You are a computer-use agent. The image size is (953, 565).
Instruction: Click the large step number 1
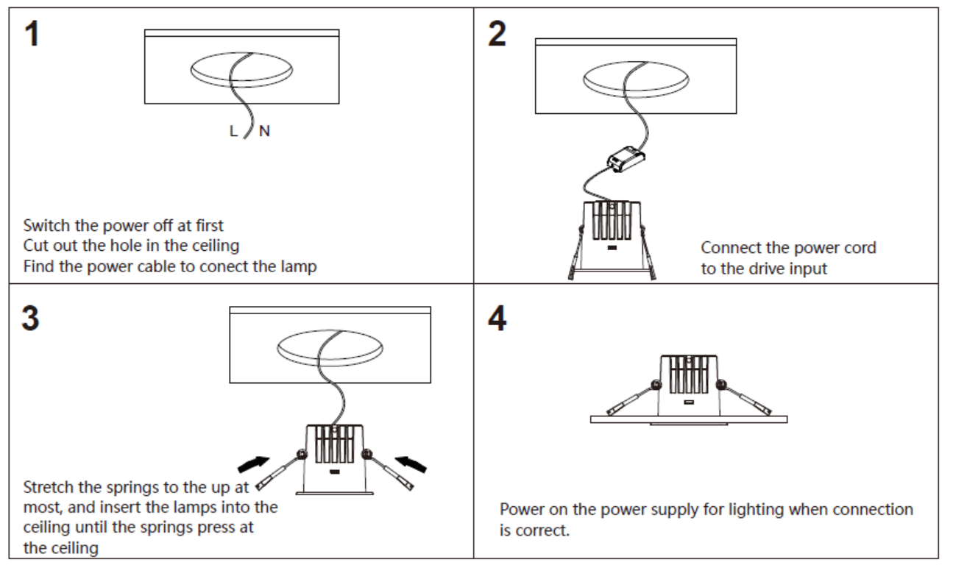tap(32, 33)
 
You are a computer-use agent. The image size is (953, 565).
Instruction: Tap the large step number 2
tap(497, 33)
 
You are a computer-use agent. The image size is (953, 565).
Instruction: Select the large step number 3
tap(31, 318)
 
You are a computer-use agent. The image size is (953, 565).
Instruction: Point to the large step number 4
tap(497, 318)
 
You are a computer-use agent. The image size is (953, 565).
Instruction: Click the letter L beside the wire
tap(233, 131)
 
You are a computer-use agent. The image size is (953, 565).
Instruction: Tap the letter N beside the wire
tap(265, 131)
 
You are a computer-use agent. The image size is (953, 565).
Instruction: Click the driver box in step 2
tap(626, 159)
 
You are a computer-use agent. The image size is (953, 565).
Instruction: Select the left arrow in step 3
tap(254, 464)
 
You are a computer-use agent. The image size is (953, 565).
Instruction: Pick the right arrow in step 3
tap(411, 464)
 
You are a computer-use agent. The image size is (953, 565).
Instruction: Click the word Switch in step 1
tap(47, 226)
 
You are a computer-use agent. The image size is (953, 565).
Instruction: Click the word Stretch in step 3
tap(48, 487)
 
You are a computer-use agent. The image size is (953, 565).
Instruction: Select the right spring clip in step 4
tap(744, 398)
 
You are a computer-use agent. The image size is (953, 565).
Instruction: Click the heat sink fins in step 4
tap(689, 374)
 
